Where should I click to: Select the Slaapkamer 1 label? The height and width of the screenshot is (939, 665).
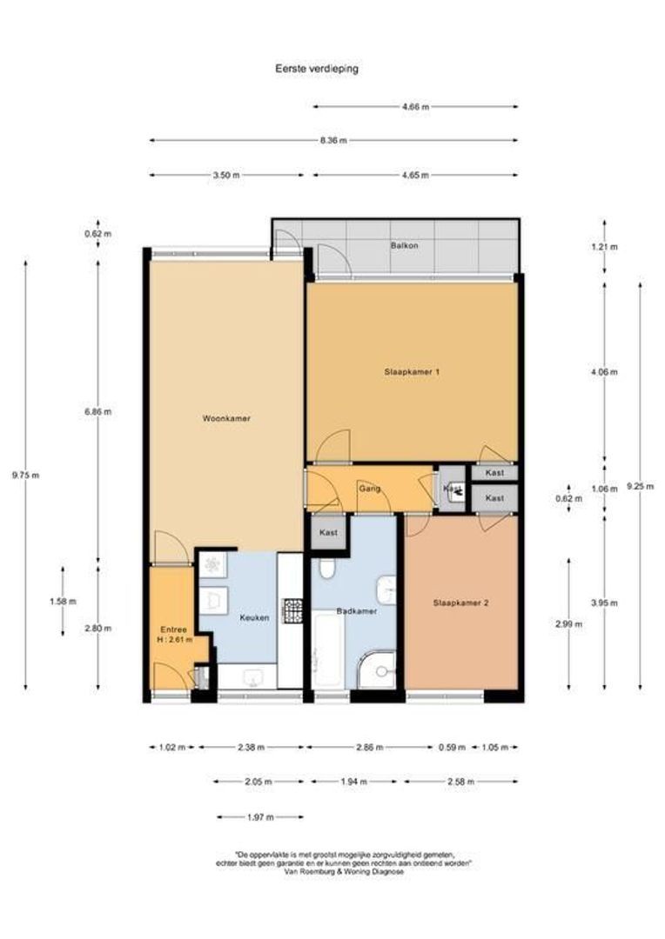412,372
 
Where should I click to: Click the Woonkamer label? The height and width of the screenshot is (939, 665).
226,418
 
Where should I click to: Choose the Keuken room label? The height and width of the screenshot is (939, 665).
254,617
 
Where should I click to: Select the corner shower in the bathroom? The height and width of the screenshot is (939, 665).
380,671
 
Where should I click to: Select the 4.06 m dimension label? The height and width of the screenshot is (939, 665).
605,372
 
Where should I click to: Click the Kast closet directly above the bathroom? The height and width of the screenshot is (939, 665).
328,532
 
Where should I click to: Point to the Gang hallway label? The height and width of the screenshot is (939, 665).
368,489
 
